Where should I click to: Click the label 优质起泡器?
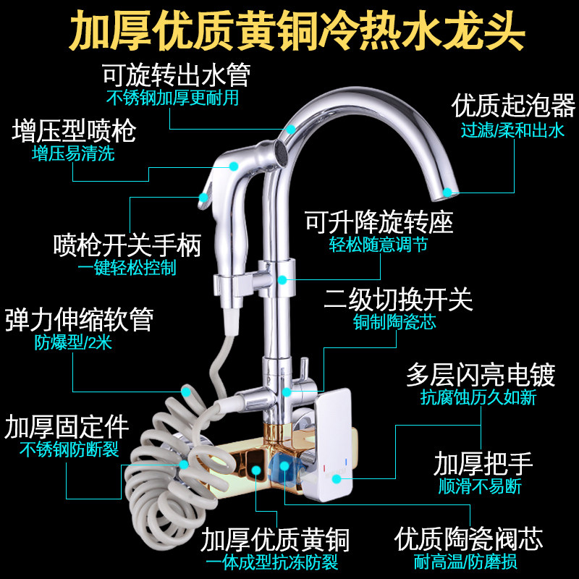coord(513,106)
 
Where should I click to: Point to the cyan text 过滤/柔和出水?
coord(512,131)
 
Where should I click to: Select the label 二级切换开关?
coord(398,298)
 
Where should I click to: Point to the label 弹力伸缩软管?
coord(79,319)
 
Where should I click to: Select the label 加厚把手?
coord(483,463)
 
